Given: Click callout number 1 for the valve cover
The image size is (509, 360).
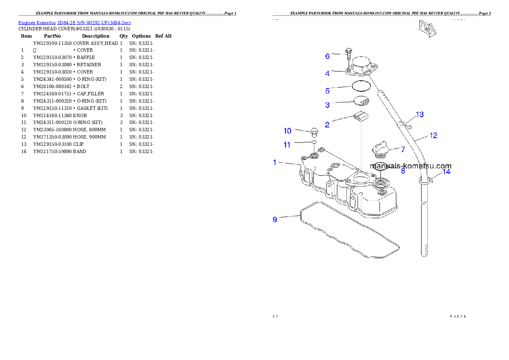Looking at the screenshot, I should pos(275,162).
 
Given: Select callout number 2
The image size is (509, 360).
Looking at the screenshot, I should pos(327,125).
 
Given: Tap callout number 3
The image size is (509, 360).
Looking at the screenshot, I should pos(327,105).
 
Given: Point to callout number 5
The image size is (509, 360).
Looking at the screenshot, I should pos(327,91).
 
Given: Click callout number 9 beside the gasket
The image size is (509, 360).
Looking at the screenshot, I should pos(275,220).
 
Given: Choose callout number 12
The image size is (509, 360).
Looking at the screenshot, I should pos(433,136).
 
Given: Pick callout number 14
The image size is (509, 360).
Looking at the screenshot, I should pos(446,172).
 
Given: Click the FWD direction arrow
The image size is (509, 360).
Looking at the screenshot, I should pos(427,29).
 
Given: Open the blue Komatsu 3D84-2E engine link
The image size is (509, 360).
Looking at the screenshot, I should pos(74,22).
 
